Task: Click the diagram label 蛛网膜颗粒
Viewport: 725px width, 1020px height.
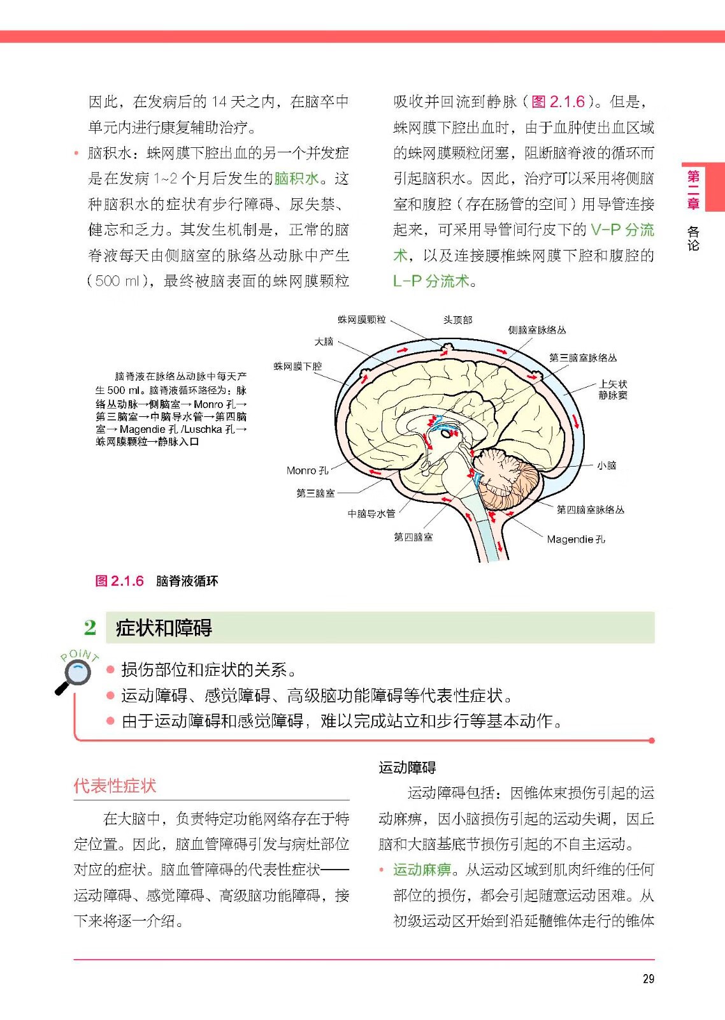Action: click(361, 319)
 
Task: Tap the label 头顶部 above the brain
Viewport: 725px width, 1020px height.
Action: click(457, 319)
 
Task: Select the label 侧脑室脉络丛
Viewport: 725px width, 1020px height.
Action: click(536, 330)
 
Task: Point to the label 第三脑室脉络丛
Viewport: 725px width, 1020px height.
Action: click(582, 358)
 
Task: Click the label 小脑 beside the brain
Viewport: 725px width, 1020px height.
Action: click(606, 465)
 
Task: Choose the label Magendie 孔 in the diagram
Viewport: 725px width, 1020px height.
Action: click(575, 539)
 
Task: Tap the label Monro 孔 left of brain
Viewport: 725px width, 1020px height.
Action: click(307, 470)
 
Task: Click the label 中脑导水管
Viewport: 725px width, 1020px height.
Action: click(371, 513)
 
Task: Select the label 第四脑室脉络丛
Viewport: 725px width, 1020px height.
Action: click(590, 509)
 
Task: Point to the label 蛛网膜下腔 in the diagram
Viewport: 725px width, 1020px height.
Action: click(298, 366)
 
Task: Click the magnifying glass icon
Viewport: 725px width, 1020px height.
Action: click(75, 674)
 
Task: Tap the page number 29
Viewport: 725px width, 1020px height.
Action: click(648, 979)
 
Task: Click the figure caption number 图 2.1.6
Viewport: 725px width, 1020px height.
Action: click(119, 581)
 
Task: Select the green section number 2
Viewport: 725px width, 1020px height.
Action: click(90, 627)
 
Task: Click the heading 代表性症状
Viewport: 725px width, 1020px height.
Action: click(115, 785)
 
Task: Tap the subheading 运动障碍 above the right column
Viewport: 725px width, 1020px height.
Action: click(407, 767)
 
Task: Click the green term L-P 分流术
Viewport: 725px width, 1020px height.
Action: click(431, 281)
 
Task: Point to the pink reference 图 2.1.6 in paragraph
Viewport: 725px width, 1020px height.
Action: click(558, 102)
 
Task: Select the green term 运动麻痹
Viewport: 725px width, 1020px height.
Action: click(422, 870)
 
